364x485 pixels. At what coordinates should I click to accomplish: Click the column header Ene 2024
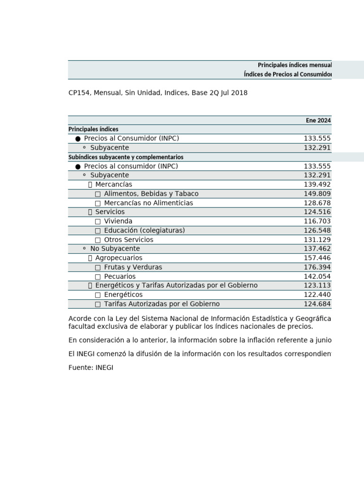click(x=318, y=120)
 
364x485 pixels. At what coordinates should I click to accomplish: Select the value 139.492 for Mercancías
click(x=317, y=184)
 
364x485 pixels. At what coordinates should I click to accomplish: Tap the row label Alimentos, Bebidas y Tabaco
click(x=151, y=194)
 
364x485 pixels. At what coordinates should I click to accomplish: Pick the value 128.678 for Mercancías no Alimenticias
click(x=317, y=203)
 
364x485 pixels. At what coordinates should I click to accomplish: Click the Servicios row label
click(x=110, y=212)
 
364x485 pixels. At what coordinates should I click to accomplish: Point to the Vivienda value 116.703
click(x=317, y=221)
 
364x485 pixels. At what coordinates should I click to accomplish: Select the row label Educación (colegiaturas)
click(x=145, y=230)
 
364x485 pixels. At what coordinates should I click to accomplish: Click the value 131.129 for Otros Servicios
click(x=317, y=240)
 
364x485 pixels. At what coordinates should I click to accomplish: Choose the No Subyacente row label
click(x=115, y=249)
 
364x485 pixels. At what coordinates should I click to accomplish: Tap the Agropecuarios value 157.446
click(x=317, y=258)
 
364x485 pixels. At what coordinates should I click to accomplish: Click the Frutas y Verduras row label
click(x=133, y=267)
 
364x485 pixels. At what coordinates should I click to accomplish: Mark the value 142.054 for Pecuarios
click(x=317, y=277)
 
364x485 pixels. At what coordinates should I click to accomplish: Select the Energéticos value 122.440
click(x=317, y=295)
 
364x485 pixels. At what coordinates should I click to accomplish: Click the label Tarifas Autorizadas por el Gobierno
click(x=162, y=304)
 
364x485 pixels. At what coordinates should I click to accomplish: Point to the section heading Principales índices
click(x=93, y=129)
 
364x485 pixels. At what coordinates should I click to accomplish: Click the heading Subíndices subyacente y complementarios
click(x=126, y=157)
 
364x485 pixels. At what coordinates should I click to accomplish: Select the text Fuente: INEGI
click(x=91, y=368)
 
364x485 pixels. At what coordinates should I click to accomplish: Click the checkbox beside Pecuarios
click(x=98, y=277)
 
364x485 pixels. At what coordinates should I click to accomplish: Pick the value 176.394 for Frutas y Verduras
click(x=317, y=267)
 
